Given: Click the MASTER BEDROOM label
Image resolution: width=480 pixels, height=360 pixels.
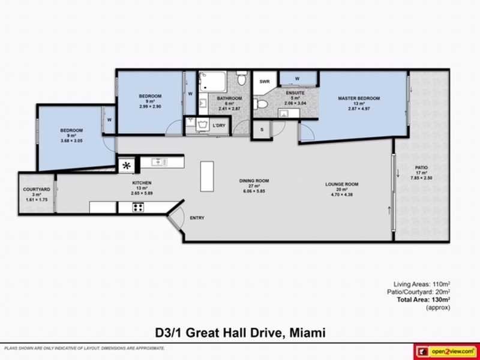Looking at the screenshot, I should (359, 98).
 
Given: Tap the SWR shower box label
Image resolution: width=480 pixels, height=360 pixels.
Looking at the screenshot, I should (264, 82).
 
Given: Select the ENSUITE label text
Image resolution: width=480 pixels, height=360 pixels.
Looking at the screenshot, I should (295, 93).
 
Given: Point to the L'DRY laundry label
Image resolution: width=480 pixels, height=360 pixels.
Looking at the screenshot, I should (219, 125).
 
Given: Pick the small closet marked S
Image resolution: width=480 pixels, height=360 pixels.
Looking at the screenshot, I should (262, 129).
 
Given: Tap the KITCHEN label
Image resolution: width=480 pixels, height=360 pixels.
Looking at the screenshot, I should (142, 182).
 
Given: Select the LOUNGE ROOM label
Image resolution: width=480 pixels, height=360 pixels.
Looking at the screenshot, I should (341, 184).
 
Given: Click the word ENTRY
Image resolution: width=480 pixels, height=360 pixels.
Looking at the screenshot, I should (196, 218).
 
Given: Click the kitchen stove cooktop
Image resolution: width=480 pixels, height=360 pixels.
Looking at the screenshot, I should (138, 208).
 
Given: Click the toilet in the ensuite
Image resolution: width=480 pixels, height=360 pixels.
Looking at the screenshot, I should (260, 104).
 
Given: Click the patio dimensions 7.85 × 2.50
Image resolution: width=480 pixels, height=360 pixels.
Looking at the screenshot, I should (421, 178).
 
